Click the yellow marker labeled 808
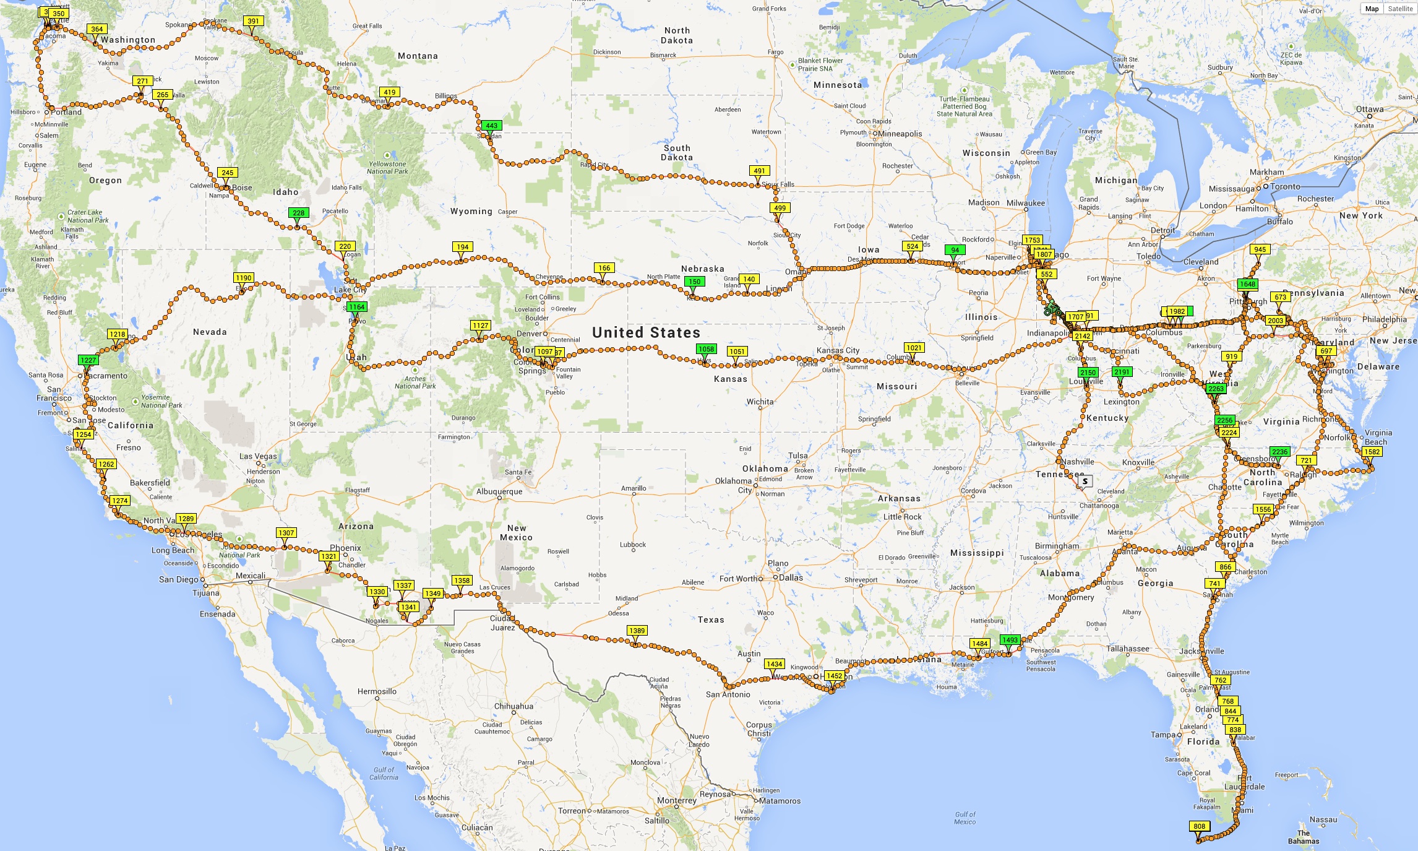pyautogui.click(x=1199, y=826)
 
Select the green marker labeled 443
pyautogui.click(x=491, y=126)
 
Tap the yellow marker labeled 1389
pyautogui.click(x=637, y=631)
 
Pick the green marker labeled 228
pyautogui.click(x=298, y=213)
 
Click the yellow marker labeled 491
pyautogui.click(x=759, y=171)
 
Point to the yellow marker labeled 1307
pyautogui.click(x=286, y=533)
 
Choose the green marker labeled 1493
pyautogui.click(x=1010, y=640)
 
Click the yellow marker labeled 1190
pyautogui.click(x=244, y=278)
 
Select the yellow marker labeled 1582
pyautogui.click(x=1372, y=452)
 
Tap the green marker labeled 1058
pyautogui.click(x=706, y=349)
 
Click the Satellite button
pyautogui.click(x=1400, y=9)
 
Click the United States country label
pyautogui.click(x=646, y=333)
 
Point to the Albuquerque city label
pyautogui.click(x=499, y=492)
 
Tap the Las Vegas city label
pyautogui.click(x=258, y=457)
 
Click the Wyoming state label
pyautogui.click(x=471, y=212)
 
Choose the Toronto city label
pyautogui.click(x=1285, y=187)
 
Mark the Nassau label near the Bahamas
pyautogui.click(x=1323, y=820)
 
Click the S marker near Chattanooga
pyautogui.click(x=1085, y=481)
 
